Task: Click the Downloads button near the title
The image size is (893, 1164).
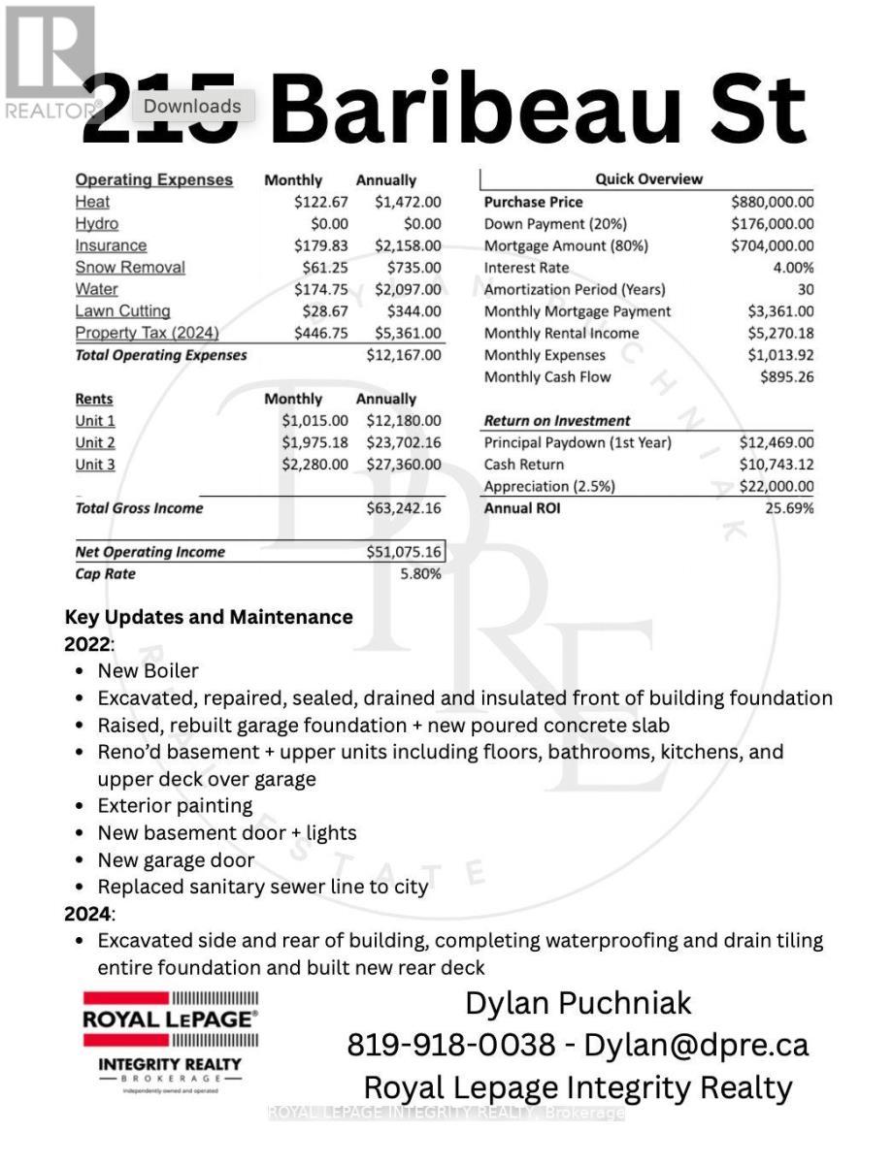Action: [x=192, y=107]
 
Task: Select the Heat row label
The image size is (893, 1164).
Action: [x=92, y=202]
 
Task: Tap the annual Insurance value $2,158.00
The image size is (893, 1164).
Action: [x=408, y=245]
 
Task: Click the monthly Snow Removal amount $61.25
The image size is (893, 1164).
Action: [x=321, y=268]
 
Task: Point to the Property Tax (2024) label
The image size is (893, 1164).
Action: [x=147, y=333]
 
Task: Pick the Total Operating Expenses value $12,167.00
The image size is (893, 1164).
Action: [x=403, y=355]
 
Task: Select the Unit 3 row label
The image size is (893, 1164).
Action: [x=95, y=465]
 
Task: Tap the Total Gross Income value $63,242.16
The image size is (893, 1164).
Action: [x=403, y=508]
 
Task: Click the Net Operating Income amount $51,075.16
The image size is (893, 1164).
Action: [x=403, y=552]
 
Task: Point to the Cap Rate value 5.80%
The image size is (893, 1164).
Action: [x=420, y=574]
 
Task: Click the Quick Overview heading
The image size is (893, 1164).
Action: [x=648, y=179]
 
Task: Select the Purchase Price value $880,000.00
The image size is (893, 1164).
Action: [x=772, y=202]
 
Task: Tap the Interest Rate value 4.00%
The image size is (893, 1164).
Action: [x=793, y=268]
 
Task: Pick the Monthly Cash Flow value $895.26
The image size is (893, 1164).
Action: [x=787, y=376]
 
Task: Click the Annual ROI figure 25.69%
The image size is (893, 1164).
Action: [x=789, y=508]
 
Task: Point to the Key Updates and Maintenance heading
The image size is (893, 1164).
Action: [x=209, y=617]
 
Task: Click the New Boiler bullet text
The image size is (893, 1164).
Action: [x=148, y=671]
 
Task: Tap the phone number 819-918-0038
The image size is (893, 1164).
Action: [x=451, y=1045]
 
